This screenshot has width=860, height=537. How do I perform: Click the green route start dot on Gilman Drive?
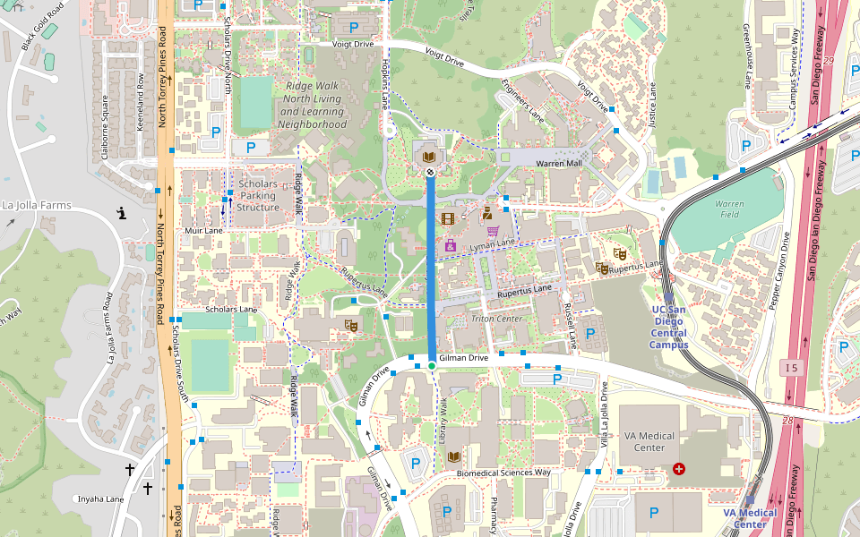431,365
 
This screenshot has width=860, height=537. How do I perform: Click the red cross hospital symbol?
678,468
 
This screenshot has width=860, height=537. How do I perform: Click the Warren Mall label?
558,164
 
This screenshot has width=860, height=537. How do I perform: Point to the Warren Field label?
729,209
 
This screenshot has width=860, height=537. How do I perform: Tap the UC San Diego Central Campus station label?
669,327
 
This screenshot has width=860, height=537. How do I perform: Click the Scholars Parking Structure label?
258,195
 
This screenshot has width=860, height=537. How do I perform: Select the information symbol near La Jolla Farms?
122,212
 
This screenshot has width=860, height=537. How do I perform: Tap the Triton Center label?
496,319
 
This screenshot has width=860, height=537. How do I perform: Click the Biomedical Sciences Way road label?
503,472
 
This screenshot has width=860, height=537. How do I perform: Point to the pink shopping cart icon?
493,231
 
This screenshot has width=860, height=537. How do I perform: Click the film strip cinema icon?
448,217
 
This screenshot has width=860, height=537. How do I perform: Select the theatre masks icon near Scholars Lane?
351,325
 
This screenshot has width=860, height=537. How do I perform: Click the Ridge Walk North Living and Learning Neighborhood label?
312,106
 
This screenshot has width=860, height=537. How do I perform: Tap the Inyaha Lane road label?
99,499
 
